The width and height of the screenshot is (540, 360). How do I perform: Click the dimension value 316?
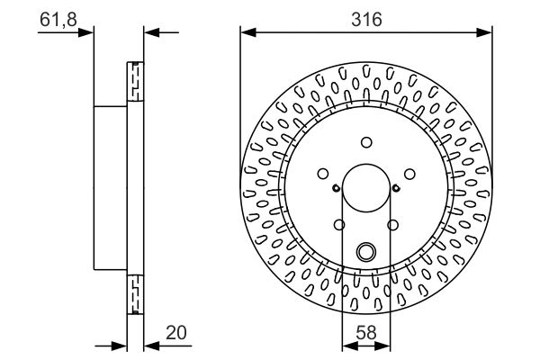coord(366,17)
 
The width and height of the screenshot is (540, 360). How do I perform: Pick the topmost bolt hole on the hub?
coord(366,141)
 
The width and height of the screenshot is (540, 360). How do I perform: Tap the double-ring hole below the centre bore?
coord(366,252)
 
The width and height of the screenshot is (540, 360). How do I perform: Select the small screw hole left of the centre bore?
coord(336,188)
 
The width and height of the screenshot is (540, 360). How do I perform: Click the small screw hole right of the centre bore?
coord(396,188)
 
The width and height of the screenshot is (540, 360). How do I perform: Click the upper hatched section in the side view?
coord(135,81)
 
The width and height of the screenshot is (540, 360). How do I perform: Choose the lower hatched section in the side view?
coord(135,292)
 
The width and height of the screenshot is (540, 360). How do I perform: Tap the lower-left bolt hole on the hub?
coord(339,225)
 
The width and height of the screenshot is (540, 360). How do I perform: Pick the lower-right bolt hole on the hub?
coord(392,225)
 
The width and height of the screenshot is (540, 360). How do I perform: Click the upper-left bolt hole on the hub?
coord(324,174)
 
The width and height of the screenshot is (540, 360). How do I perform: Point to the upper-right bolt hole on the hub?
coord(409,174)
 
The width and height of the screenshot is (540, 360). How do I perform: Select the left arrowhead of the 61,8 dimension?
coord(88,33)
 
